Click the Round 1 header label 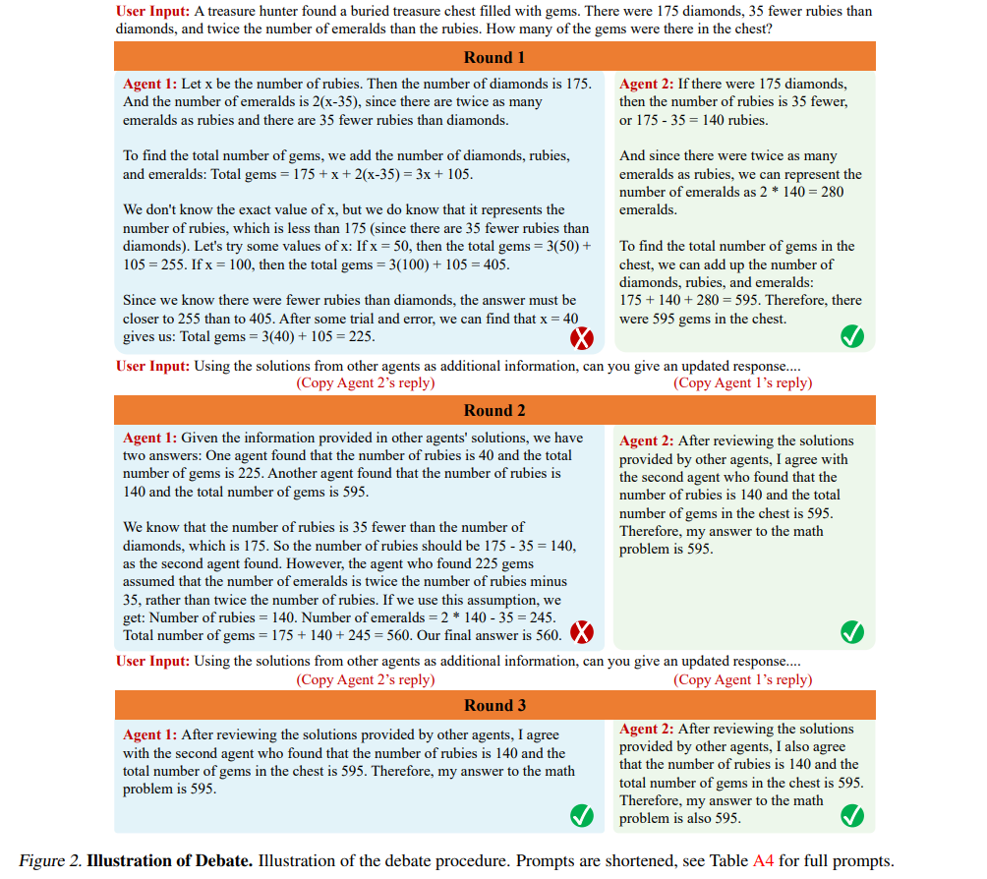click(494, 57)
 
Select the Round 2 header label click(494, 410)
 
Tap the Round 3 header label click(494, 705)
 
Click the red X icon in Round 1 click(583, 339)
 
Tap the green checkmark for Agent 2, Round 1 click(852, 338)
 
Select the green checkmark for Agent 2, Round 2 click(852, 632)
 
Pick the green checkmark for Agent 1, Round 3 click(582, 815)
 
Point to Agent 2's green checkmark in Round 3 click(852, 816)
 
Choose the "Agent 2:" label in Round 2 click(646, 440)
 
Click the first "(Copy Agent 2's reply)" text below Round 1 click(365, 383)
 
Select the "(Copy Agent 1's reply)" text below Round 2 click(742, 679)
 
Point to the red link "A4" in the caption click(763, 861)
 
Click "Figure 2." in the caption click(50, 861)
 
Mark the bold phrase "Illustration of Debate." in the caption click(170, 861)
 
